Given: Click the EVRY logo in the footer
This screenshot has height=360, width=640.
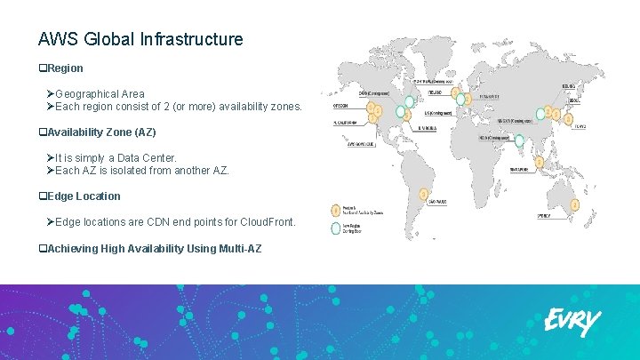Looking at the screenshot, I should tap(572, 323).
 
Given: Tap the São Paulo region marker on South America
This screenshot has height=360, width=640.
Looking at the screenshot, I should tap(424, 193).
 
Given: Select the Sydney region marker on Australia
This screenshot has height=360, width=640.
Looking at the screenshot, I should tap(575, 204).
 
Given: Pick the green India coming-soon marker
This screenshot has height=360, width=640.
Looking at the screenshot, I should tap(518, 139).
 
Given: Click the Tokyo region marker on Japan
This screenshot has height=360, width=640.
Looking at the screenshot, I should tap(569, 117).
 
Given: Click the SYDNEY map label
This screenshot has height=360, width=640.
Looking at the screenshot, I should tap(544, 215).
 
